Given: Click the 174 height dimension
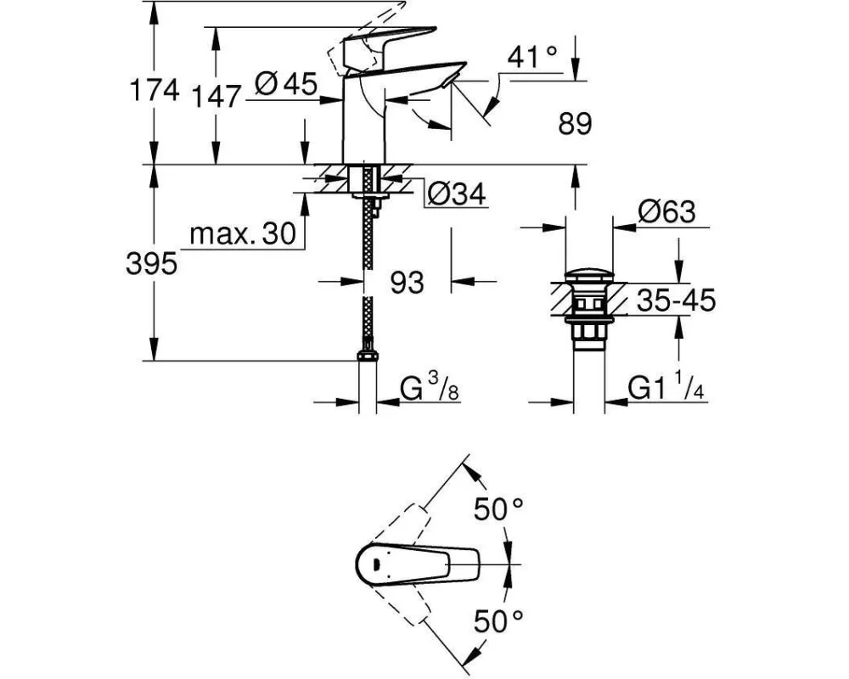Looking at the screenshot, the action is [x=155, y=90].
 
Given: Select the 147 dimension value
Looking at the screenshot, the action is [x=216, y=97].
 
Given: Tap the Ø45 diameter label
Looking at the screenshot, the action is [x=286, y=85].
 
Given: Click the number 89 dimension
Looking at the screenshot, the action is [x=575, y=124].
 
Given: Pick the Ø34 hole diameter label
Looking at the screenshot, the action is [x=457, y=194].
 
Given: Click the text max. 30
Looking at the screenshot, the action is [x=243, y=234].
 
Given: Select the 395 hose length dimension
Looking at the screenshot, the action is [x=152, y=264].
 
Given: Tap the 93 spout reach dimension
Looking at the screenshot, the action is [x=407, y=283].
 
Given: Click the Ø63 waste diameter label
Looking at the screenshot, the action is [x=666, y=211].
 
